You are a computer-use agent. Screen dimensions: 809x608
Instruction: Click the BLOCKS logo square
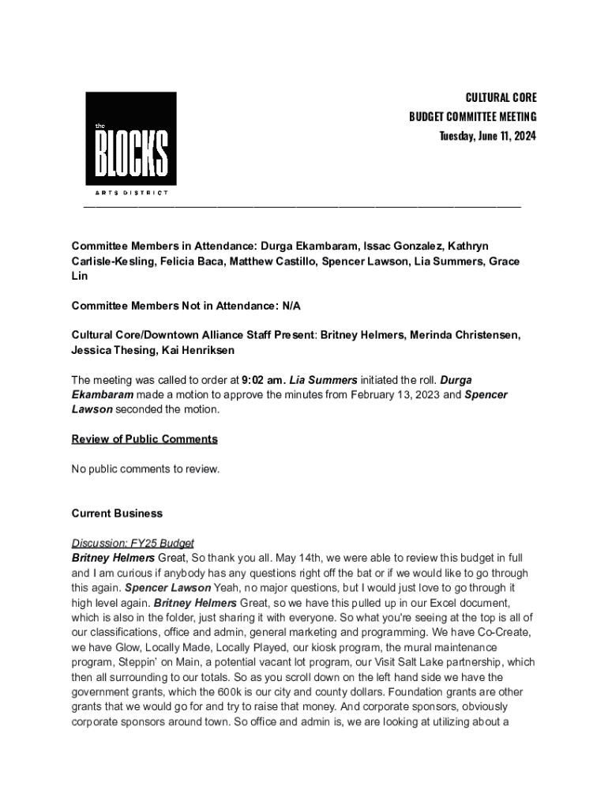click(131, 138)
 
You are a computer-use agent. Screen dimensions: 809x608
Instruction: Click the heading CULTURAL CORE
click(501, 97)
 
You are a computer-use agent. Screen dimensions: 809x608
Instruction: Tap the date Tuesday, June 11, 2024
click(488, 136)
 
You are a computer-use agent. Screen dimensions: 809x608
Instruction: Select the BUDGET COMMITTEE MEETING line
click(472, 117)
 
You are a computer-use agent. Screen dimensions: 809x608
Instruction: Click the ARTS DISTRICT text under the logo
click(130, 192)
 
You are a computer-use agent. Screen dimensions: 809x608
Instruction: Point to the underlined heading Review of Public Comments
click(144, 439)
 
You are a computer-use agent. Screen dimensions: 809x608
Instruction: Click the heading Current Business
click(117, 514)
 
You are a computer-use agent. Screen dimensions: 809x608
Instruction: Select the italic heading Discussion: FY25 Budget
click(133, 544)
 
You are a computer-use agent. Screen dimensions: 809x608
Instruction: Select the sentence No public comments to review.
click(145, 469)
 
